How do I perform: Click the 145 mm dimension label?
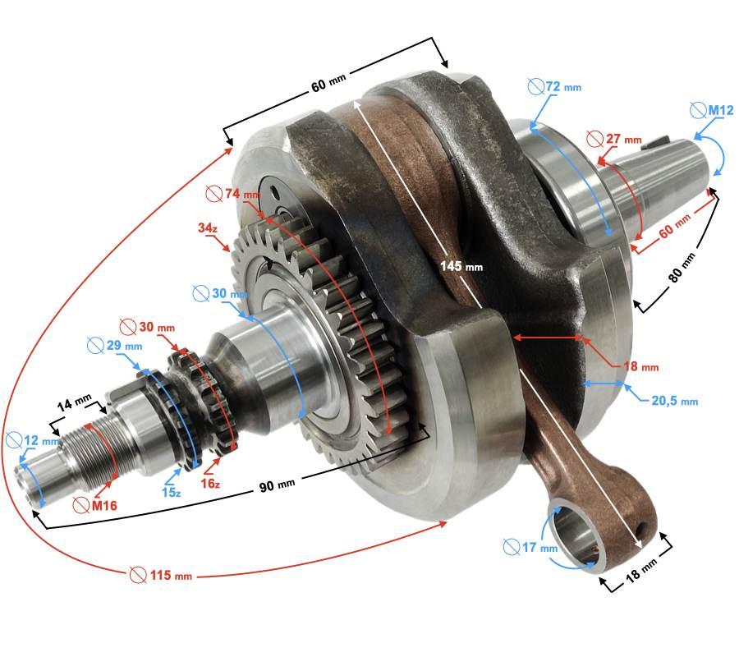point(461,267)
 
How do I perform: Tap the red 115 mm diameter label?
point(161,575)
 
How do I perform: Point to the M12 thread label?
point(712,110)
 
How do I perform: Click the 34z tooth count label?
point(208,227)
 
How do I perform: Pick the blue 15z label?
point(171,493)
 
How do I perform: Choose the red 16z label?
point(210,483)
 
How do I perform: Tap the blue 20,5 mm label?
point(674,401)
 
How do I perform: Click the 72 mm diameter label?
point(554,87)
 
